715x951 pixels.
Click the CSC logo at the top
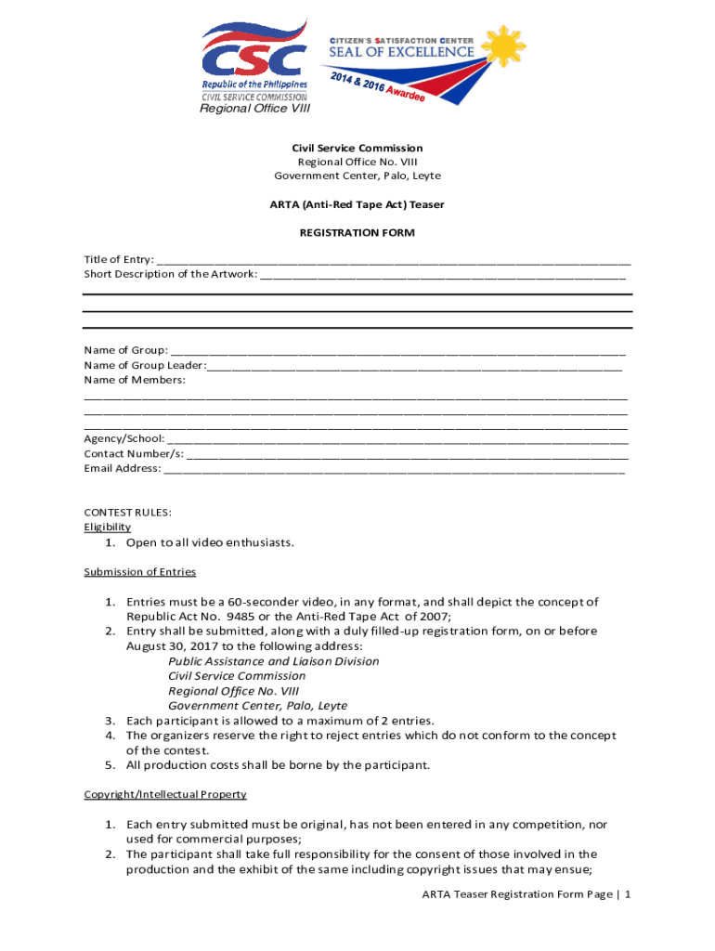click(x=254, y=58)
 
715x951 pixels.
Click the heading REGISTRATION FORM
click(x=357, y=233)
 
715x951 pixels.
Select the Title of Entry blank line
click(x=394, y=262)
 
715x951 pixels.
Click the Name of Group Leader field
click(x=414, y=367)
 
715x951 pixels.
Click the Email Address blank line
click(x=394, y=471)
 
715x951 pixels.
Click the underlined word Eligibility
click(x=108, y=528)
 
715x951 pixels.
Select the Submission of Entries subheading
click(x=140, y=572)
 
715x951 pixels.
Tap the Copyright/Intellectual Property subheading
click(x=165, y=795)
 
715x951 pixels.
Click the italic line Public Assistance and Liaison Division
click(x=274, y=661)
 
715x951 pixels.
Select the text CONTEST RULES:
click(x=128, y=513)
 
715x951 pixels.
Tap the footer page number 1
click(x=629, y=894)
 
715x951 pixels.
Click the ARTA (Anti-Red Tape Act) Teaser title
click(x=357, y=205)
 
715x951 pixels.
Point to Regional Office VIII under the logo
click(x=254, y=109)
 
